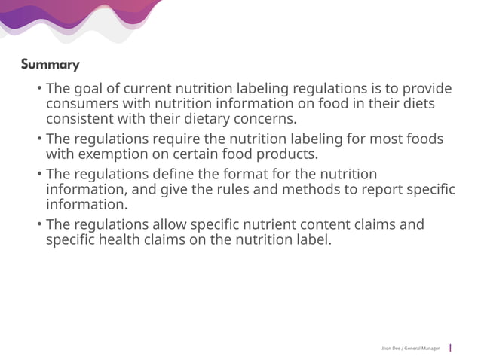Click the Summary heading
50,64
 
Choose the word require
179,140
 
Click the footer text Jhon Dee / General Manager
410,348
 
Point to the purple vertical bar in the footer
450,348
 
